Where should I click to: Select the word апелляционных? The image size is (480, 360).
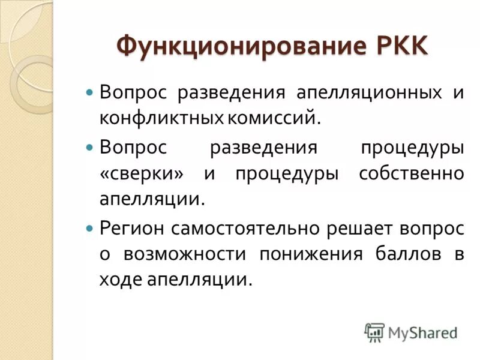point(367,94)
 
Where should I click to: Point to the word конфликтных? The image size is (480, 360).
point(161,118)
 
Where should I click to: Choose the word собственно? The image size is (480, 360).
point(411,173)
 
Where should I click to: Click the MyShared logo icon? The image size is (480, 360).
point(374,332)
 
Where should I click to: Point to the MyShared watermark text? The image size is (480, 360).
point(423,332)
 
